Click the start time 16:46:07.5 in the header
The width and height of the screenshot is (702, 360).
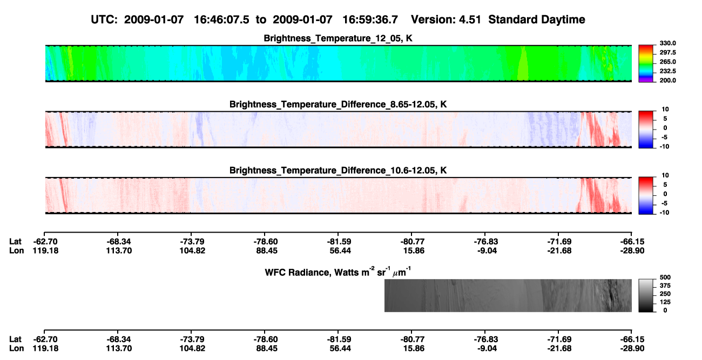pos(221,19)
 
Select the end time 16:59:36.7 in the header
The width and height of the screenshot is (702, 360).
pos(370,19)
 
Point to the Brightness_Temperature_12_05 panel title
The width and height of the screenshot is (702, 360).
pos(338,38)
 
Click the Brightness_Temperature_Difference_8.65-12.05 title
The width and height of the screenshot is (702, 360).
pos(338,104)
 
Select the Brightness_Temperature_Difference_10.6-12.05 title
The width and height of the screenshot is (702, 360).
pos(338,171)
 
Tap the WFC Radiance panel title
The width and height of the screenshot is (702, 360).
pos(338,272)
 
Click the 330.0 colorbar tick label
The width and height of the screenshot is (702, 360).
pos(667,43)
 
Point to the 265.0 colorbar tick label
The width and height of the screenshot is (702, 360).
pos(667,62)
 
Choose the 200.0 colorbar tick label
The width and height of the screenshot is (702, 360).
pos(667,80)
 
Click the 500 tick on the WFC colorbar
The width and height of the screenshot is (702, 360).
pos(665,277)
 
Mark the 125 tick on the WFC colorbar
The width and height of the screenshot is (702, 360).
pos(665,302)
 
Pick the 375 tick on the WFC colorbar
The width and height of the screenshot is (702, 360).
pos(665,286)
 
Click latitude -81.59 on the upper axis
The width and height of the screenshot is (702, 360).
pos(339,242)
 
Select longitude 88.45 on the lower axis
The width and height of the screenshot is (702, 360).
pos(267,349)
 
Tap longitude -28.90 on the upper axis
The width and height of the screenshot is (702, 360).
pos(632,250)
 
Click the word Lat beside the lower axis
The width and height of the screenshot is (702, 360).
pos(15,339)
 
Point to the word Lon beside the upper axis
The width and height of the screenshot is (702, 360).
pos(16,250)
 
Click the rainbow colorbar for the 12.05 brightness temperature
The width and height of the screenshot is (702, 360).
pos(646,64)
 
